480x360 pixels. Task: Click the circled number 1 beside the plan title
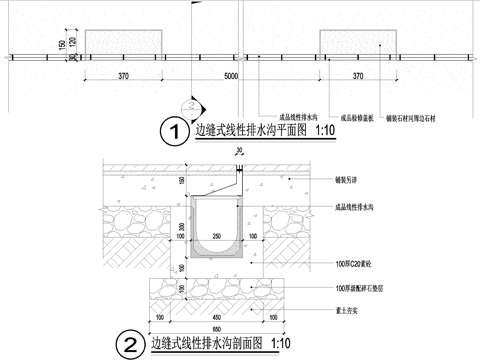click(176, 131)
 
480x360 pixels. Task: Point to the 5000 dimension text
click(231, 76)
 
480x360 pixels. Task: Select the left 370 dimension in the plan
click(124, 76)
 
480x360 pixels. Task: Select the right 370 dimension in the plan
click(359, 76)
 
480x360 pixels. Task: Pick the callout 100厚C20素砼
click(352, 263)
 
